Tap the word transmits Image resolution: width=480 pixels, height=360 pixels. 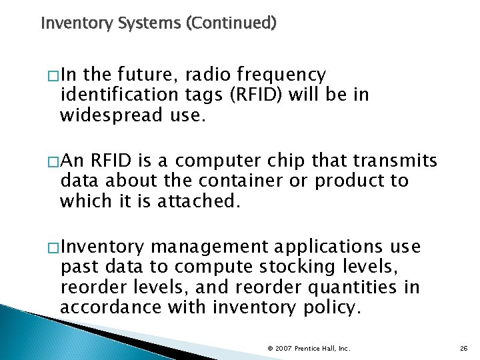[389, 161]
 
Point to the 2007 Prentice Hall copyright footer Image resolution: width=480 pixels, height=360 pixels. [309, 347]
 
